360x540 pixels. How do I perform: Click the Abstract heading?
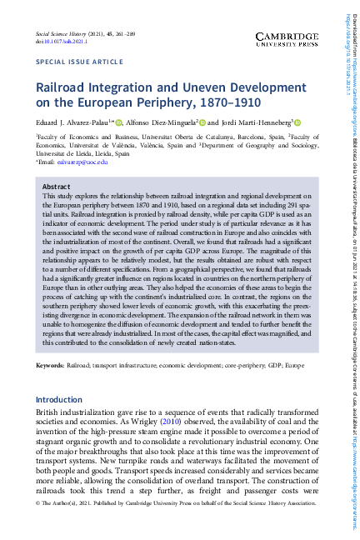pos(56,186)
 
